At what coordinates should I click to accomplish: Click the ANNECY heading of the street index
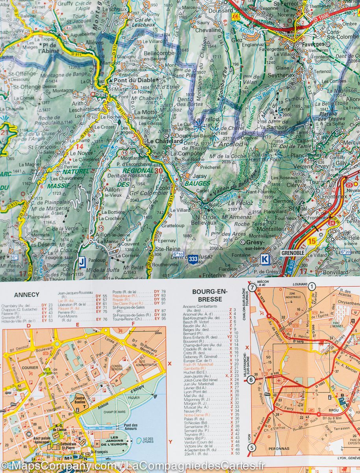[x=26, y=294]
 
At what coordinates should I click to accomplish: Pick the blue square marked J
[x=82, y=261]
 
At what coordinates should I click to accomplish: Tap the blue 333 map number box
[x=193, y=259]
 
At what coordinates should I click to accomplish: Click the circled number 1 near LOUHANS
[x=312, y=287]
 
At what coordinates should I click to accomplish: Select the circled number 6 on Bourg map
[x=251, y=380]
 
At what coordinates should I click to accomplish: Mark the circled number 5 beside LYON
[x=251, y=447]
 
